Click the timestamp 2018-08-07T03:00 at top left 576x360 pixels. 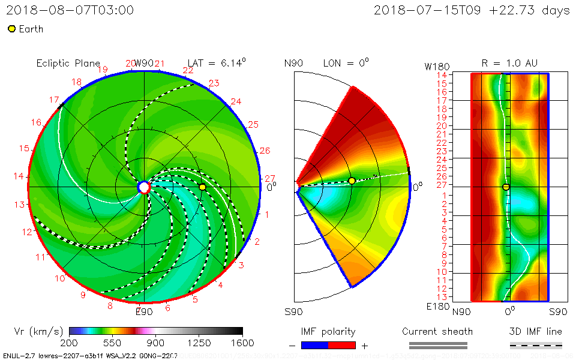pos(70,10)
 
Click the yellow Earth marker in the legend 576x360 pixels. pos(11,29)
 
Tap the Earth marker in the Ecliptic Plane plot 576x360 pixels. pos(202,187)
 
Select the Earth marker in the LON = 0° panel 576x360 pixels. pos(352,181)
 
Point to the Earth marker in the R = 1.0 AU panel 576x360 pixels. pos(506,187)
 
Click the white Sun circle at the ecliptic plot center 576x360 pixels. pos(143,187)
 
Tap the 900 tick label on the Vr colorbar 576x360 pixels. pos(155,343)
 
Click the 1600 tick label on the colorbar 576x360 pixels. pos(230,343)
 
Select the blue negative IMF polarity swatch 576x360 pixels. pos(314,345)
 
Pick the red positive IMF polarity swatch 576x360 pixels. pos(342,345)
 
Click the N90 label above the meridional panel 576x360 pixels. pos(293,63)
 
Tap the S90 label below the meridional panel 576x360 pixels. pos(293,312)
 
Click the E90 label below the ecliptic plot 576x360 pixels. pos(143,311)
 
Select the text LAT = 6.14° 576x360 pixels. pos(217,63)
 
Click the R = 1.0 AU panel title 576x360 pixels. pos(509,63)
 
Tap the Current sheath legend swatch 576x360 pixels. pos(437,345)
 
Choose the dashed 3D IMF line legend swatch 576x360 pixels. pos(536,345)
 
